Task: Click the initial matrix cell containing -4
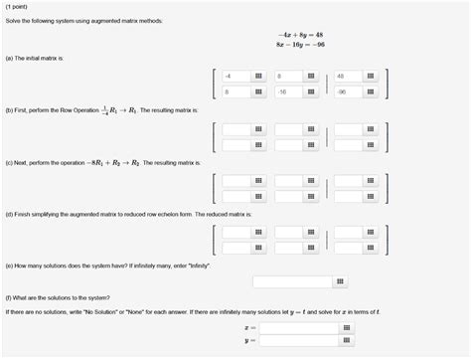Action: point(236,76)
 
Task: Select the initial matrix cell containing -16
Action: point(289,91)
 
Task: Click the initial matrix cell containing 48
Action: point(348,76)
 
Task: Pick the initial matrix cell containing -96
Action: point(348,91)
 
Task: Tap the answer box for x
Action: point(298,326)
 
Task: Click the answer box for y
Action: point(298,340)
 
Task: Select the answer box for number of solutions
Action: point(293,282)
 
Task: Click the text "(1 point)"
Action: point(18,5)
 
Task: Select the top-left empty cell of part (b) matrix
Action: point(236,129)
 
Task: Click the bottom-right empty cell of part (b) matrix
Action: point(348,145)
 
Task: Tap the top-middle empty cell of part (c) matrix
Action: point(289,181)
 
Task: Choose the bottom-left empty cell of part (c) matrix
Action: point(236,197)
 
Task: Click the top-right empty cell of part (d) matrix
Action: point(348,233)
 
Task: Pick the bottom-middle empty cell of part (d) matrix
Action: point(289,249)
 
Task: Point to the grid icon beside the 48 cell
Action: point(371,76)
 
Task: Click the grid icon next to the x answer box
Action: point(347,326)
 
